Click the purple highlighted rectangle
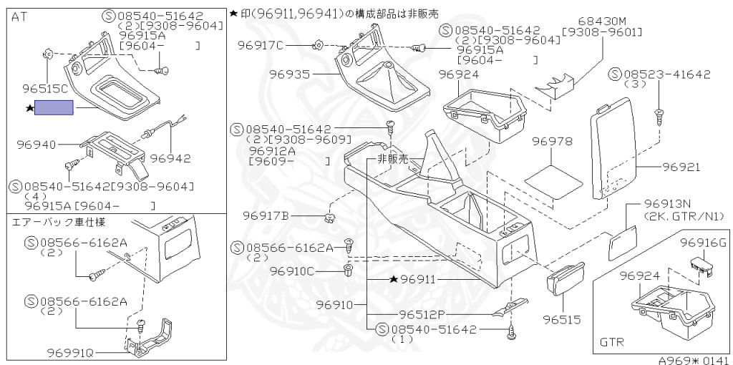click(54, 109)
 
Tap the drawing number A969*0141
click(694, 361)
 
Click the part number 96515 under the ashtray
click(561, 319)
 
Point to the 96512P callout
click(423, 313)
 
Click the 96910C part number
click(292, 271)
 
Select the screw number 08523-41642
click(670, 74)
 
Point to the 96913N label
click(667, 203)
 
